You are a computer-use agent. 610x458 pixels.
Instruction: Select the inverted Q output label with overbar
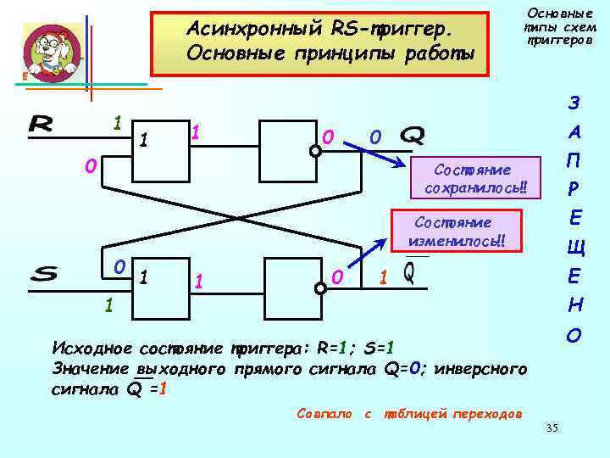pos(409,272)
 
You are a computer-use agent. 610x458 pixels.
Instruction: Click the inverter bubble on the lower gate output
pos(319,288)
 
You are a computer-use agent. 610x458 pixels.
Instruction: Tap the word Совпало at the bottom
pos(324,413)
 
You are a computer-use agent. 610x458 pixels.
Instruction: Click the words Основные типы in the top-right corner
pos(560,20)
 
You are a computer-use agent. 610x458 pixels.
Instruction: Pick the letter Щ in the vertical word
pos(575,249)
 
